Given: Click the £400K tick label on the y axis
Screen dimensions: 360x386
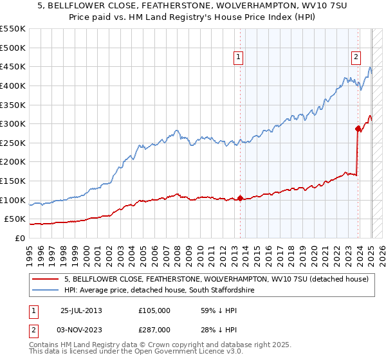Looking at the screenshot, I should click(14, 85).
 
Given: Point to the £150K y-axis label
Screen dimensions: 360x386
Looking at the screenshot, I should click(14, 181).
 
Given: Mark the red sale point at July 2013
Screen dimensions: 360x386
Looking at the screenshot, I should click(240, 198).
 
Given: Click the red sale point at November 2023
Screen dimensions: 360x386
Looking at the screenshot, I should click(358, 129).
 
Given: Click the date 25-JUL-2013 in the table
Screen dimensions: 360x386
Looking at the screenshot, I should click(81, 310).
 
